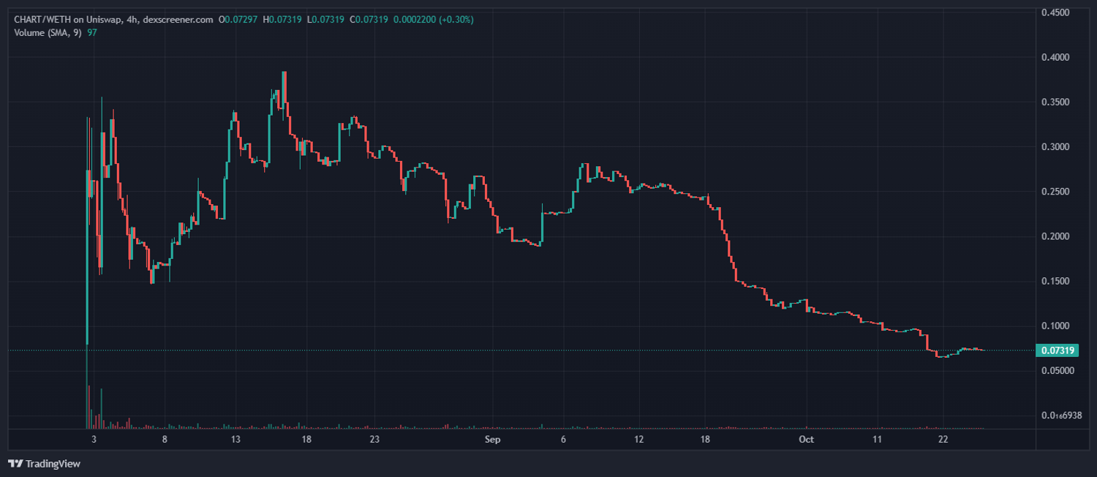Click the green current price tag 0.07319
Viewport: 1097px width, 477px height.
point(1057,350)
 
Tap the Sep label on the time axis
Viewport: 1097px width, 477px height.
point(492,439)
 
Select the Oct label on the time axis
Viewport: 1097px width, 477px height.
point(806,439)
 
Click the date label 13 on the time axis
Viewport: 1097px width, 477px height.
point(235,439)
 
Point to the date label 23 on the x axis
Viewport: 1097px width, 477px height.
point(374,439)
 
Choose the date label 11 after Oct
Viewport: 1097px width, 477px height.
point(877,439)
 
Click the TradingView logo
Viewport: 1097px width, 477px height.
point(44,463)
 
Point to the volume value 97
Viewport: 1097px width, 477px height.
point(92,32)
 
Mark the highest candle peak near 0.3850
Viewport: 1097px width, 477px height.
point(284,73)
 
